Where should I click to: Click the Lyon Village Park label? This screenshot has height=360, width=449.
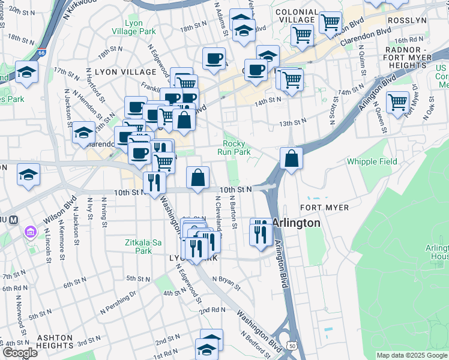(142, 27)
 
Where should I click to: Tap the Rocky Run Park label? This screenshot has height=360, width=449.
(237, 148)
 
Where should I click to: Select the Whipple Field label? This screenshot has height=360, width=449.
(372, 161)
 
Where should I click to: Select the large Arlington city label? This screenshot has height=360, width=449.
(296, 223)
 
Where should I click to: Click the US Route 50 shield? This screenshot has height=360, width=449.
(292, 346)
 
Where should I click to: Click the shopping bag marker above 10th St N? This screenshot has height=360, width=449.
(197, 178)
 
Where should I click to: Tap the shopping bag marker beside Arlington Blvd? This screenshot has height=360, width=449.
(291, 159)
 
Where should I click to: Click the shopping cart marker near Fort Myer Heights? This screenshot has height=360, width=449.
(397, 103)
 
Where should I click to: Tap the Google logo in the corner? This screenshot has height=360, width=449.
(20, 353)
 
